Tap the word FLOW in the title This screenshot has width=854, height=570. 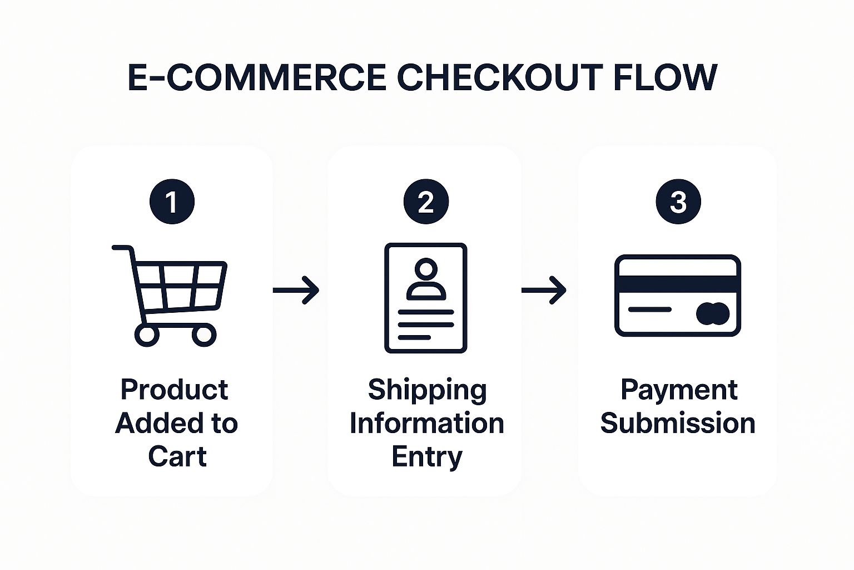click(665, 77)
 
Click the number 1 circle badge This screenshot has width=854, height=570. click(172, 202)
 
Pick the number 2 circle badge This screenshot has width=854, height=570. click(426, 202)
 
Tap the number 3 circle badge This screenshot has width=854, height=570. click(678, 202)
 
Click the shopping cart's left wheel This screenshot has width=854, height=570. click(147, 335)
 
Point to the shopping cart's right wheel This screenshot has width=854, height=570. click(204, 335)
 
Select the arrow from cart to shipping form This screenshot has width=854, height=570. click(296, 290)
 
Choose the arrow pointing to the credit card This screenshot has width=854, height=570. click(544, 290)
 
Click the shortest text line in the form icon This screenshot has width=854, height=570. click(414, 337)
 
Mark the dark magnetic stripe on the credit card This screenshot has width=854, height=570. click(678, 284)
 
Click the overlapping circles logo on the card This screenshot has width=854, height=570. click(713, 314)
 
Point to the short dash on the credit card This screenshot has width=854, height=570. click(649, 309)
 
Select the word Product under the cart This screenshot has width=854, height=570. click(174, 390)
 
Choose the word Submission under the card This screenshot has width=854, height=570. click(678, 423)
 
